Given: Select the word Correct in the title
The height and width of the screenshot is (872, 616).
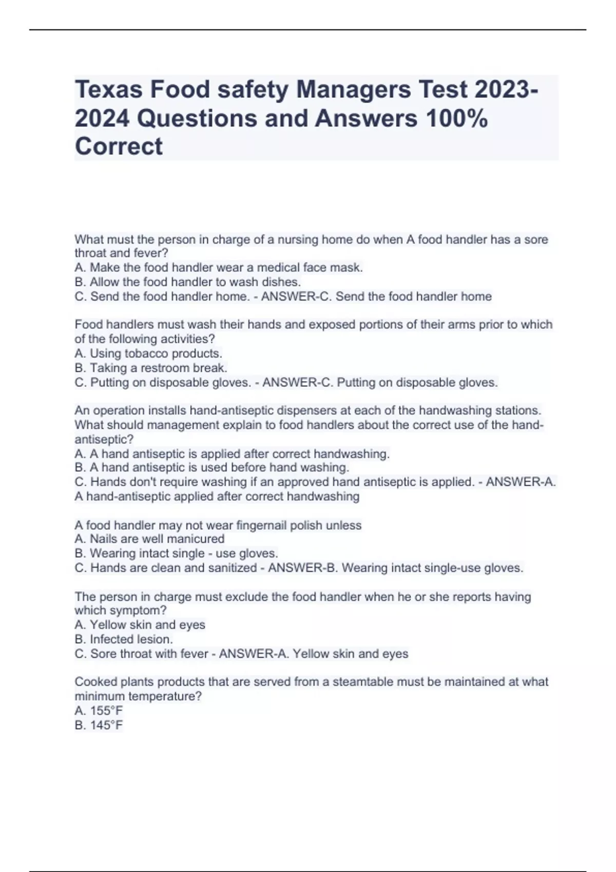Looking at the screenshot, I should coord(119,147).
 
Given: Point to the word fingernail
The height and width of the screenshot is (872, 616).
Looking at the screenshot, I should coord(262,525).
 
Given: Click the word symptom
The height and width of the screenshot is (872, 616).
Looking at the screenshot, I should coord(139,611).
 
